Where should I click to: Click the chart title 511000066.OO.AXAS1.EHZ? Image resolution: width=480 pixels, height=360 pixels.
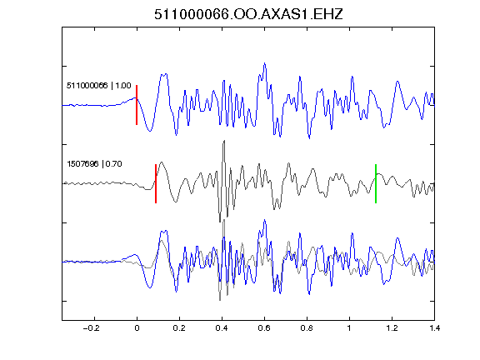tap(248, 14)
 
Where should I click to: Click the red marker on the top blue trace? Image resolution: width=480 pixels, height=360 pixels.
tap(137, 105)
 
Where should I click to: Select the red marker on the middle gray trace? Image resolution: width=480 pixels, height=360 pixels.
tap(156, 183)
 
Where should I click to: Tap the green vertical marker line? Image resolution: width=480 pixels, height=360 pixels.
tap(376, 183)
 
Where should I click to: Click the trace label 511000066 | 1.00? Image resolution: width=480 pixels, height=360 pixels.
tap(99, 85)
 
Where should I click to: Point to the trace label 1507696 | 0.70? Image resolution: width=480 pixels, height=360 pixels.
tap(94, 164)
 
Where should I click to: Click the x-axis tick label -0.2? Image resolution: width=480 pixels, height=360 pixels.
tap(91, 328)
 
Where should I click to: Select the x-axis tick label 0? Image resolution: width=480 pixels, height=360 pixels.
tap(137, 328)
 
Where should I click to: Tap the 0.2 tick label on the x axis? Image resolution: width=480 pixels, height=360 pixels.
tap(179, 328)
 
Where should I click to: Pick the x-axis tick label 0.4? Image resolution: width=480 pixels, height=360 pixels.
tap(222, 328)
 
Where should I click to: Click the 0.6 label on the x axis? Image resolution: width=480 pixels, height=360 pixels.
tap(264, 328)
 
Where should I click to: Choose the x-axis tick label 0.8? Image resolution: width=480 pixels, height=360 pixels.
tap(307, 328)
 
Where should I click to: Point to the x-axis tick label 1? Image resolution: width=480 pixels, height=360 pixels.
tap(349, 328)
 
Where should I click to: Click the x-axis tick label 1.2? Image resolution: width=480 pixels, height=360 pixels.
tap(392, 328)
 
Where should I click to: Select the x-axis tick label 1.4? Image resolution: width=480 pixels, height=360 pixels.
tap(434, 328)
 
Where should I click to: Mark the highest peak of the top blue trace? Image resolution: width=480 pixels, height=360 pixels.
tap(265, 63)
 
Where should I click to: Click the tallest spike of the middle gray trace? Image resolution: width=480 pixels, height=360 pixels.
tap(224, 141)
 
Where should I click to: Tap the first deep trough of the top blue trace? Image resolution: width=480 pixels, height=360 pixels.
tap(150, 131)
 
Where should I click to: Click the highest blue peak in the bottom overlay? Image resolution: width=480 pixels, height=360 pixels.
tap(265, 220)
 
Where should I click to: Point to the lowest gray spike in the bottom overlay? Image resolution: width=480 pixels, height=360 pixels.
tap(220, 300)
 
